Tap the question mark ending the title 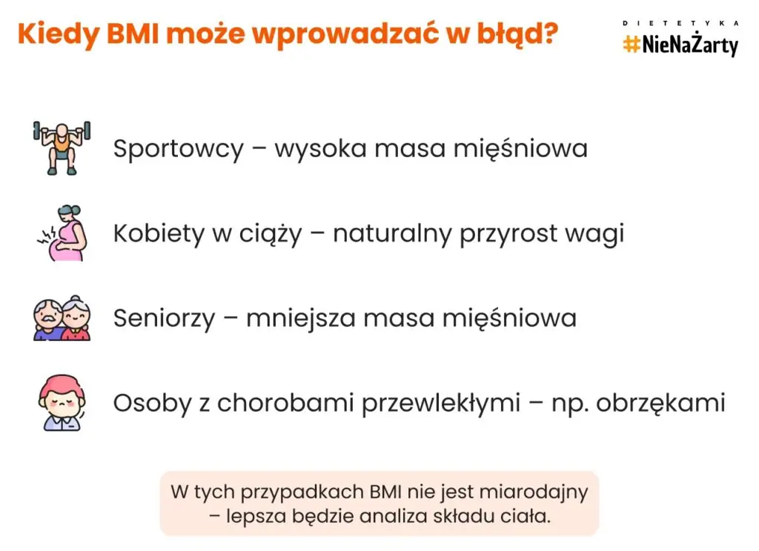(x=549, y=33)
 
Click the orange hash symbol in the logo (x=632, y=44)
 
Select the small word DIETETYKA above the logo (x=680, y=23)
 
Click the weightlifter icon (x=62, y=148)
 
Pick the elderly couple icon (x=62, y=317)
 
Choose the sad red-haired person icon (x=62, y=403)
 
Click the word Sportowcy (x=178, y=149)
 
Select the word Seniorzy (x=164, y=319)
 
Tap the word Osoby (x=153, y=403)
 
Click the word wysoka (x=320, y=148)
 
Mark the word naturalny (x=392, y=234)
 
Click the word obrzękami (x=660, y=403)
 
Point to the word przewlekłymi (x=441, y=403)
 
